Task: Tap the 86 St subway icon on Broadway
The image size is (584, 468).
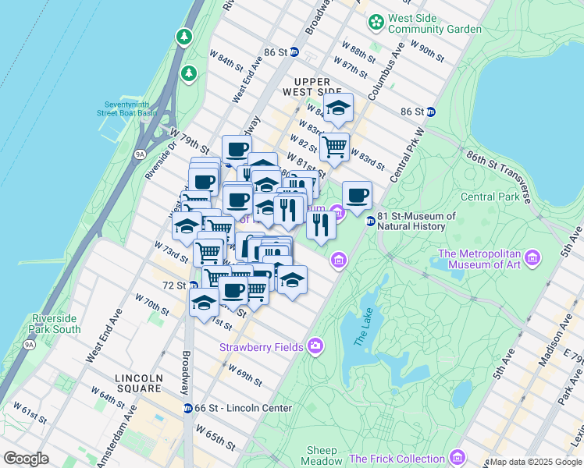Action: (x=294, y=52)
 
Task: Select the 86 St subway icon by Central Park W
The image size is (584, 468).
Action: (x=430, y=112)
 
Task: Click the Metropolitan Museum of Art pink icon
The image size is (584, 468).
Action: (x=532, y=257)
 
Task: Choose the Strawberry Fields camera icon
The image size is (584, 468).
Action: (x=315, y=345)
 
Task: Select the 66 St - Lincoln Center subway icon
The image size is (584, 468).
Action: (x=188, y=408)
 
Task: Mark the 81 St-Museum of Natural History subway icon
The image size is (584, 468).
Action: (x=371, y=222)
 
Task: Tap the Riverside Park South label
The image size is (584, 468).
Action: (x=56, y=324)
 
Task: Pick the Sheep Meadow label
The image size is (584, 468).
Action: (x=322, y=456)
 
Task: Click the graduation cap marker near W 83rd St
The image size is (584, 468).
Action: (x=338, y=108)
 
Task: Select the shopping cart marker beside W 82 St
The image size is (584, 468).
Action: (x=334, y=147)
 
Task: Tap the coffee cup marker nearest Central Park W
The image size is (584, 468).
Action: (x=357, y=196)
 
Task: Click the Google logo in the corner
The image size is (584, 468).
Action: (x=26, y=459)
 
